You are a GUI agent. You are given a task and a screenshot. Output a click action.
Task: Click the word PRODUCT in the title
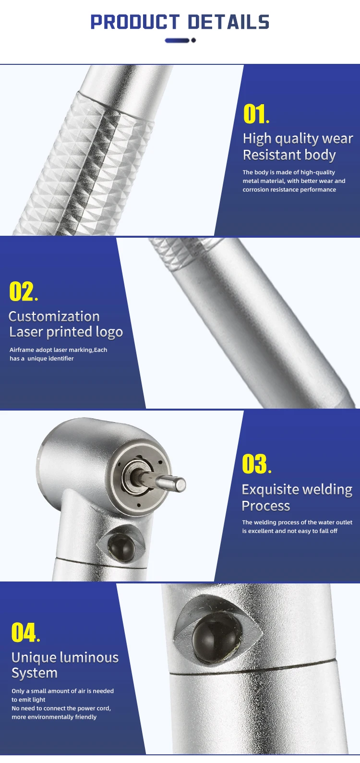pos(135,22)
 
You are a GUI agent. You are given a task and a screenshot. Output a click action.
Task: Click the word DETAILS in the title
pos(228,22)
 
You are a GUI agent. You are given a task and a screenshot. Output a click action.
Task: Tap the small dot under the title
pos(193,40)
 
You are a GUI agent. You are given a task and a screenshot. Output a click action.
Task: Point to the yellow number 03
pos(254,464)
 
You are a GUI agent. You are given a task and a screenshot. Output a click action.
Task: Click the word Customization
pos(54,316)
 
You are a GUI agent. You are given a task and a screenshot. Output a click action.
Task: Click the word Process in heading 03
pos(266,506)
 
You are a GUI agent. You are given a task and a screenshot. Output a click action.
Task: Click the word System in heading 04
pos(35,673)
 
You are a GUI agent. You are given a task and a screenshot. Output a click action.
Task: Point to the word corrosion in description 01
pos(258,190)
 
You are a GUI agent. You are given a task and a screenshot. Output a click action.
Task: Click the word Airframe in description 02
pos(22,350)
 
